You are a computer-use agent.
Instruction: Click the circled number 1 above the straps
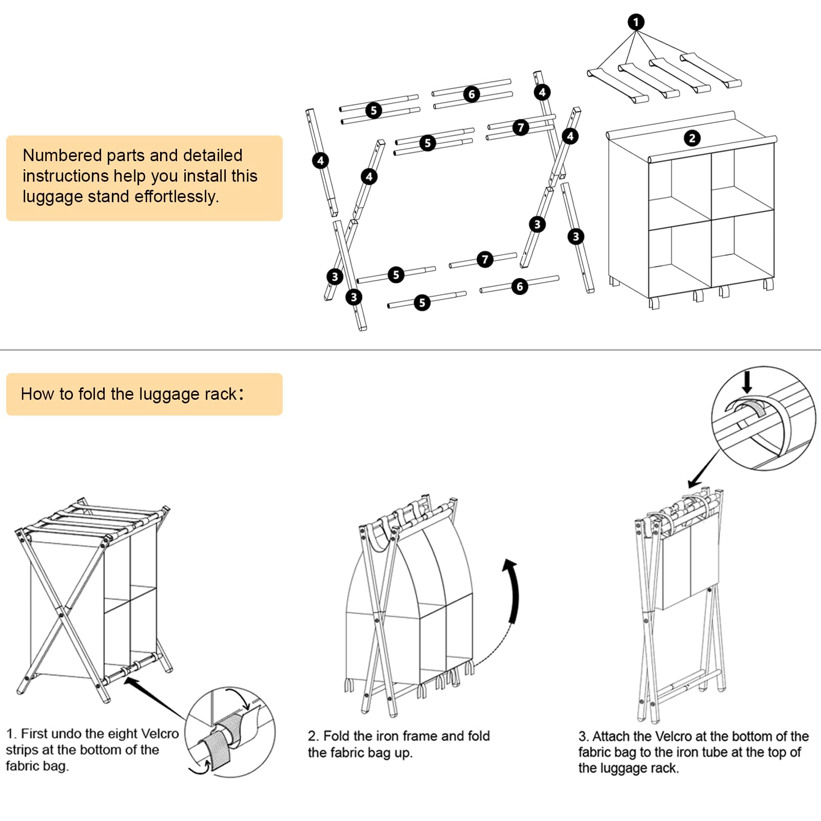coord(636,22)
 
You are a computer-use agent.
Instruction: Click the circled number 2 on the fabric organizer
coord(692,138)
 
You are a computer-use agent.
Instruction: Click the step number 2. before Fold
coord(314,736)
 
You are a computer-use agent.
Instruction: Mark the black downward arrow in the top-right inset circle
coord(747,382)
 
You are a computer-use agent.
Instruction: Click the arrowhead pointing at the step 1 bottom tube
coord(130,681)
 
